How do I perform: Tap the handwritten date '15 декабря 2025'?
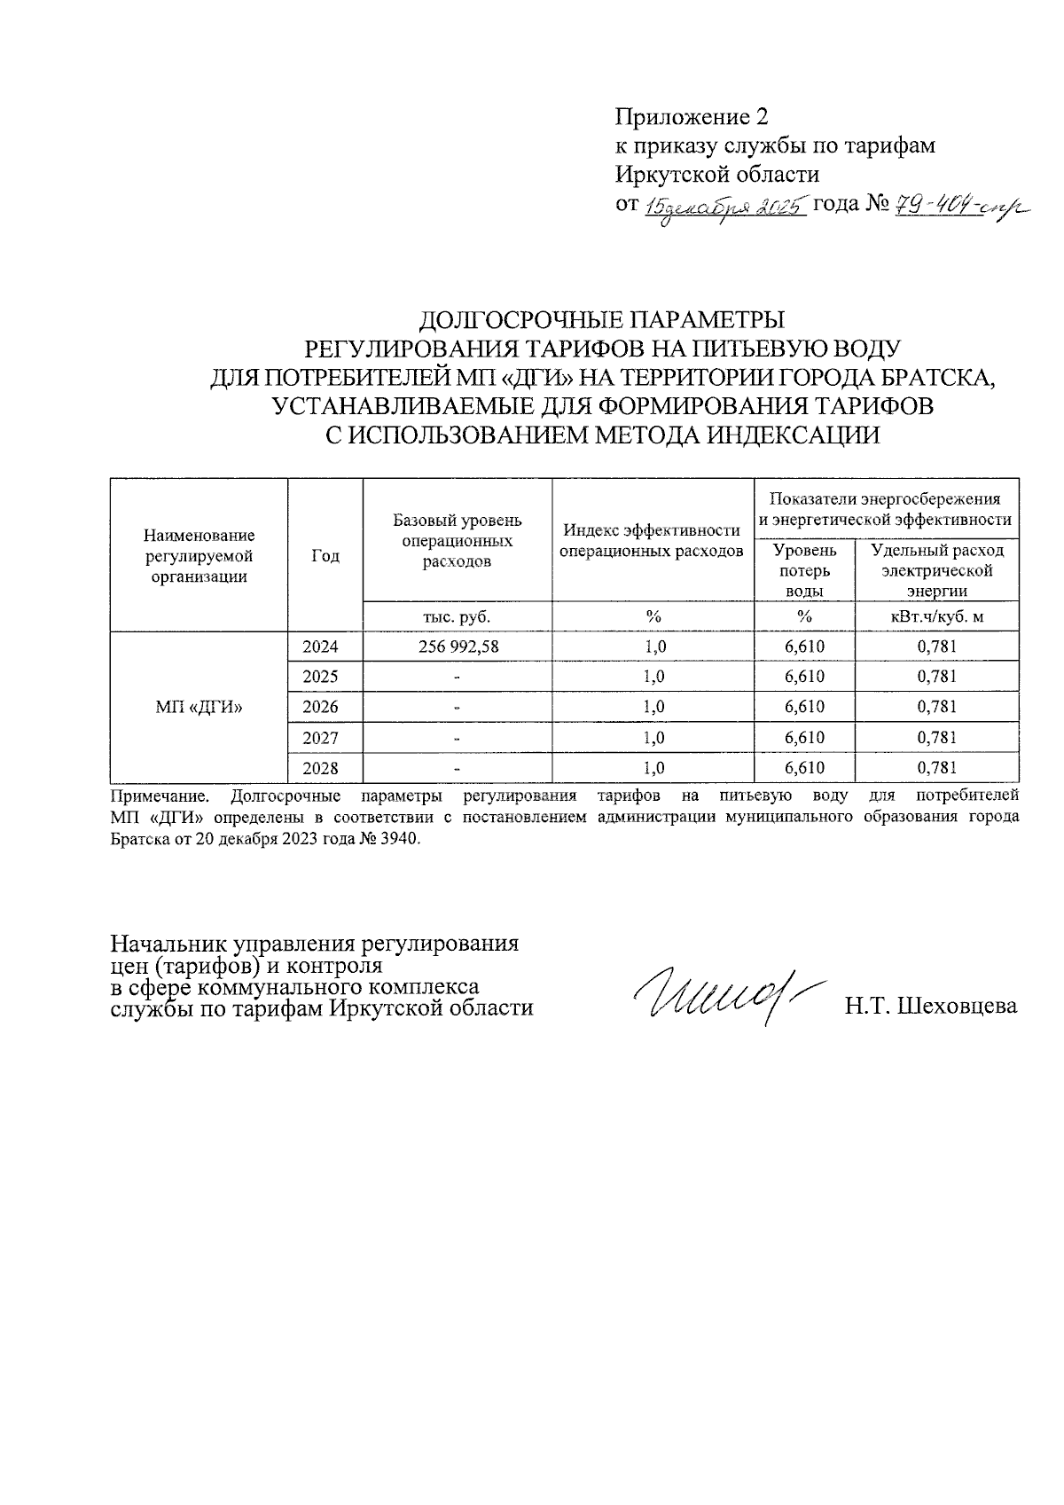click(x=724, y=206)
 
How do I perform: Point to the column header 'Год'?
click(x=325, y=556)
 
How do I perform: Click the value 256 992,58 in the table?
click(x=458, y=647)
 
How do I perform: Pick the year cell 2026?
click(x=320, y=707)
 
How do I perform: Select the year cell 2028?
click(x=320, y=768)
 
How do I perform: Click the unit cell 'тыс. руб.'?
click(x=458, y=616)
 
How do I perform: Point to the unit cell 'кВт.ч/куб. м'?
click(x=936, y=616)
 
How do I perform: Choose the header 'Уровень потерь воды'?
click(x=804, y=571)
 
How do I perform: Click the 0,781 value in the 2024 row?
click(x=936, y=647)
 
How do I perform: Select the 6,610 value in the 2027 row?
click(x=804, y=738)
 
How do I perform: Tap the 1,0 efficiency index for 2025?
click(x=654, y=677)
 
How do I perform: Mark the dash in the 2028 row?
click(x=458, y=768)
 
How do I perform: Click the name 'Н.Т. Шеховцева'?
click(x=930, y=1007)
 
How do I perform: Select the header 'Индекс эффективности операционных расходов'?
click(x=653, y=541)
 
